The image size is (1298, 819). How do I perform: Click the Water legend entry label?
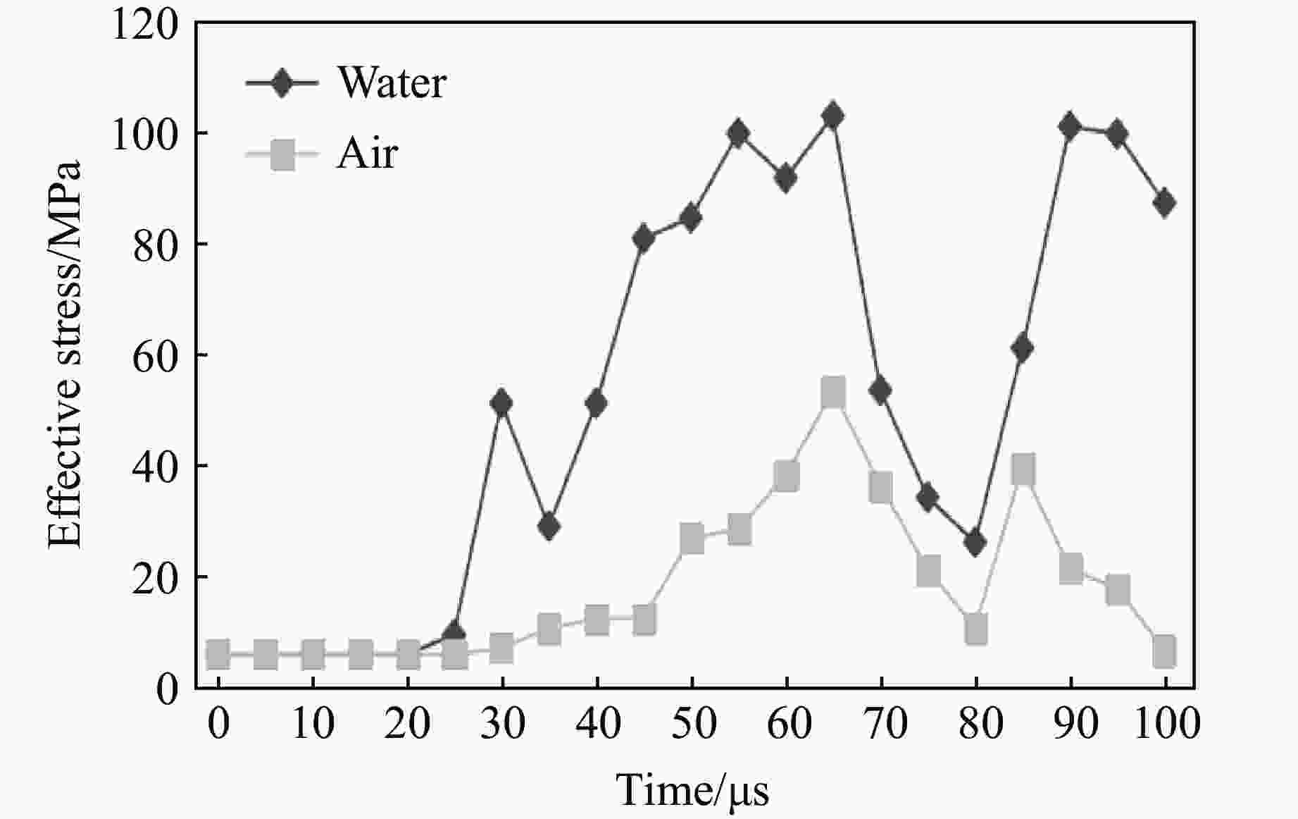[392, 83]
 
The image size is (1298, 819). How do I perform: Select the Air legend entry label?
[367, 153]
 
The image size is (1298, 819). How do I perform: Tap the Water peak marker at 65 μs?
[833, 116]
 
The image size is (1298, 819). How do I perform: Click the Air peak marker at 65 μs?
[833, 392]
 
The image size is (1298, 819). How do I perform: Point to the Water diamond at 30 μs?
[501, 404]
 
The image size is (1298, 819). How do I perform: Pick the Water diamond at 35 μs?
[549, 526]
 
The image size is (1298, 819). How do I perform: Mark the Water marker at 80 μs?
[975, 543]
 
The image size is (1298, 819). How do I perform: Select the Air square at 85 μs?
[1023, 469]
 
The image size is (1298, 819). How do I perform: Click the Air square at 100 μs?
[1165, 651]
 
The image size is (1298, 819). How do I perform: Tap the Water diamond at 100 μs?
[1165, 203]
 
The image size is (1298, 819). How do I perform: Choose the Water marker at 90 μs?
[1071, 127]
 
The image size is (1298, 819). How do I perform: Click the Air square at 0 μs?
[218, 655]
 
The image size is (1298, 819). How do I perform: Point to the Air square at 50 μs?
[692, 538]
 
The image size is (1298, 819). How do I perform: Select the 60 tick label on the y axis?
[155, 355]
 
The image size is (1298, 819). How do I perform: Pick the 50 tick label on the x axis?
[692, 725]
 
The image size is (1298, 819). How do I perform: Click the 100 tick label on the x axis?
[1166, 725]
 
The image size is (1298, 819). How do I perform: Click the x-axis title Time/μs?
[693, 789]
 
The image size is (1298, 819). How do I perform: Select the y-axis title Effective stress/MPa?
[65, 355]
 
